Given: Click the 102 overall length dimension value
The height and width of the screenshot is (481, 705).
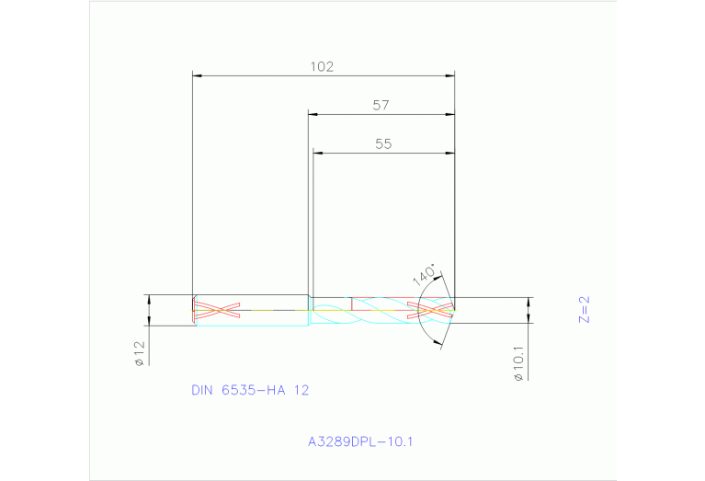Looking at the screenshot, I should pos(322,66).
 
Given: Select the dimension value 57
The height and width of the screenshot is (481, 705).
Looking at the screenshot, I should pos(381,106).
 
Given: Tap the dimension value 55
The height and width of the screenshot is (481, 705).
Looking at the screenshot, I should pos(384,143).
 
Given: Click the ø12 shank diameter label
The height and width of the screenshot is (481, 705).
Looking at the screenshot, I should pos(139,354).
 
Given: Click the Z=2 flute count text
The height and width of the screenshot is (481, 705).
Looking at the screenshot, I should pos(583,309).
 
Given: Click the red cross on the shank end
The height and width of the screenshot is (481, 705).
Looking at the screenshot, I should pos(218,310).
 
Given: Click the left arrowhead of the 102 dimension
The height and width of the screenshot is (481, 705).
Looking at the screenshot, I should pos(197,74).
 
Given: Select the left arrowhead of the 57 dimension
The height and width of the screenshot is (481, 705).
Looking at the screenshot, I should pos(313,114).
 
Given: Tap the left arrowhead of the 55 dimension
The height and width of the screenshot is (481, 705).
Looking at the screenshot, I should pos(318,153).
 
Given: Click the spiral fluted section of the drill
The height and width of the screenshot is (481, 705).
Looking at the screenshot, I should pos(377,310).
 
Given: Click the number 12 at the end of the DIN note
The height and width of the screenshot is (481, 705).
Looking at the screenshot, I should pos(301,390).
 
